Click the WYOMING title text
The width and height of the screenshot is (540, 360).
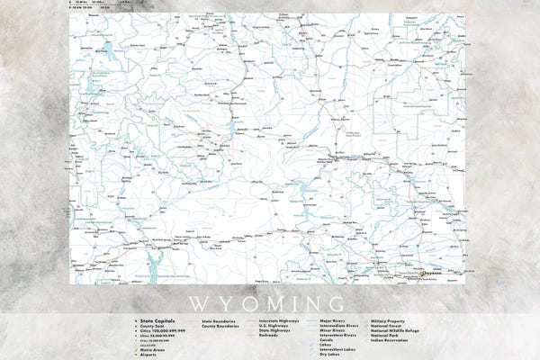pos(270,300)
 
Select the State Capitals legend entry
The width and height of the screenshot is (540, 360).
pos(154,319)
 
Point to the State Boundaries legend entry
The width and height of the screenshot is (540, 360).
pos(220,319)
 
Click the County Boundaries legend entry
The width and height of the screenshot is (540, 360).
pos(221,325)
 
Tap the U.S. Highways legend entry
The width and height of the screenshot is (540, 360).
pos(277,325)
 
